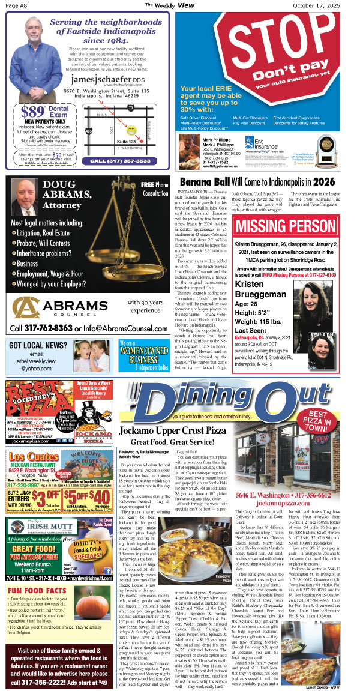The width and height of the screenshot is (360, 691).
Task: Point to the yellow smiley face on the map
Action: [131, 129]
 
